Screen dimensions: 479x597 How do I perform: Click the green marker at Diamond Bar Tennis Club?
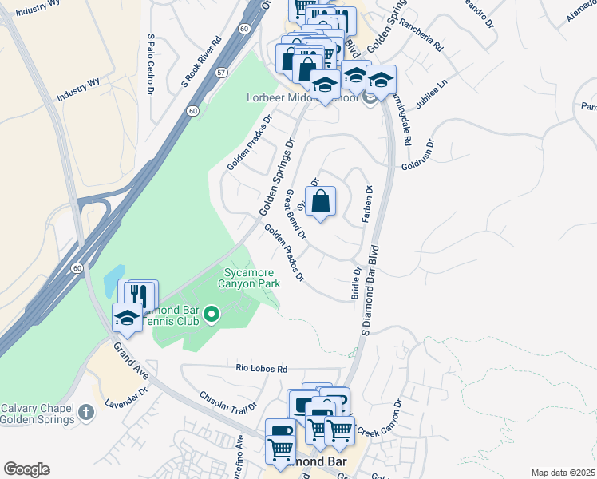click(212, 315)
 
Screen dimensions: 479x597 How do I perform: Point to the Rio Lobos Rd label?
click(261, 369)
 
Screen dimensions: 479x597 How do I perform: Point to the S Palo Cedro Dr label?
click(150, 64)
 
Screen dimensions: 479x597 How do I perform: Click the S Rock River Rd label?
click(200, 61)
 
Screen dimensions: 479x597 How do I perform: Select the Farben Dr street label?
click(370, 204)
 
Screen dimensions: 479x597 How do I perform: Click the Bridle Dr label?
click(356, 284)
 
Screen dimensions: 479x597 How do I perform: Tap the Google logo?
click(26, 469)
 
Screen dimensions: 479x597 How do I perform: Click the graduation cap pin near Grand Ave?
click(127, 318)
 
